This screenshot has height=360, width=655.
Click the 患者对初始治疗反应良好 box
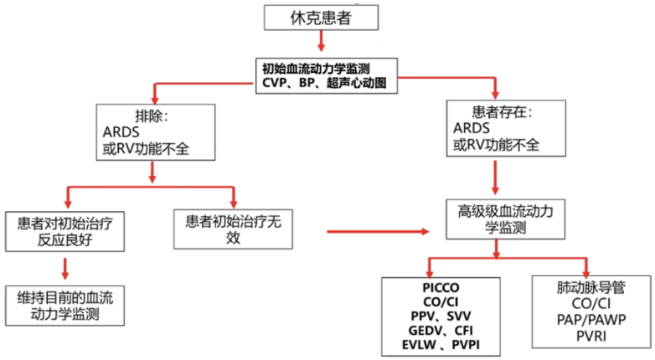pos(64,231)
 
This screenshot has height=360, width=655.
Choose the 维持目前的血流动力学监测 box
pos(64,305)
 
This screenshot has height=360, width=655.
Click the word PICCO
pos(441,288)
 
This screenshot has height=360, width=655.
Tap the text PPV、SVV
pos(441,317)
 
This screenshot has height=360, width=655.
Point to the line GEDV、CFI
pos(441,332)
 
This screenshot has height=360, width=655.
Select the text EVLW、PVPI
pos(441,347)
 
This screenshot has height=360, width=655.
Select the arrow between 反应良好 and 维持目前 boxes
pos(64,268)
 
